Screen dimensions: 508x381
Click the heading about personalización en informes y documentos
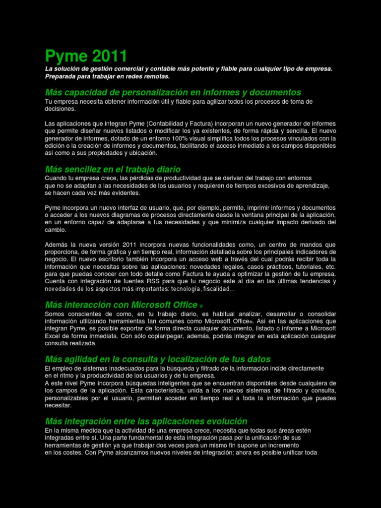tap(173, 92)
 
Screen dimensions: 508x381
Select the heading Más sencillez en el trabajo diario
tap(113, 169)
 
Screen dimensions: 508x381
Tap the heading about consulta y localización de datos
tap(158, 359)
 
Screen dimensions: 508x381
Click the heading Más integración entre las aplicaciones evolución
tap(146, 421)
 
